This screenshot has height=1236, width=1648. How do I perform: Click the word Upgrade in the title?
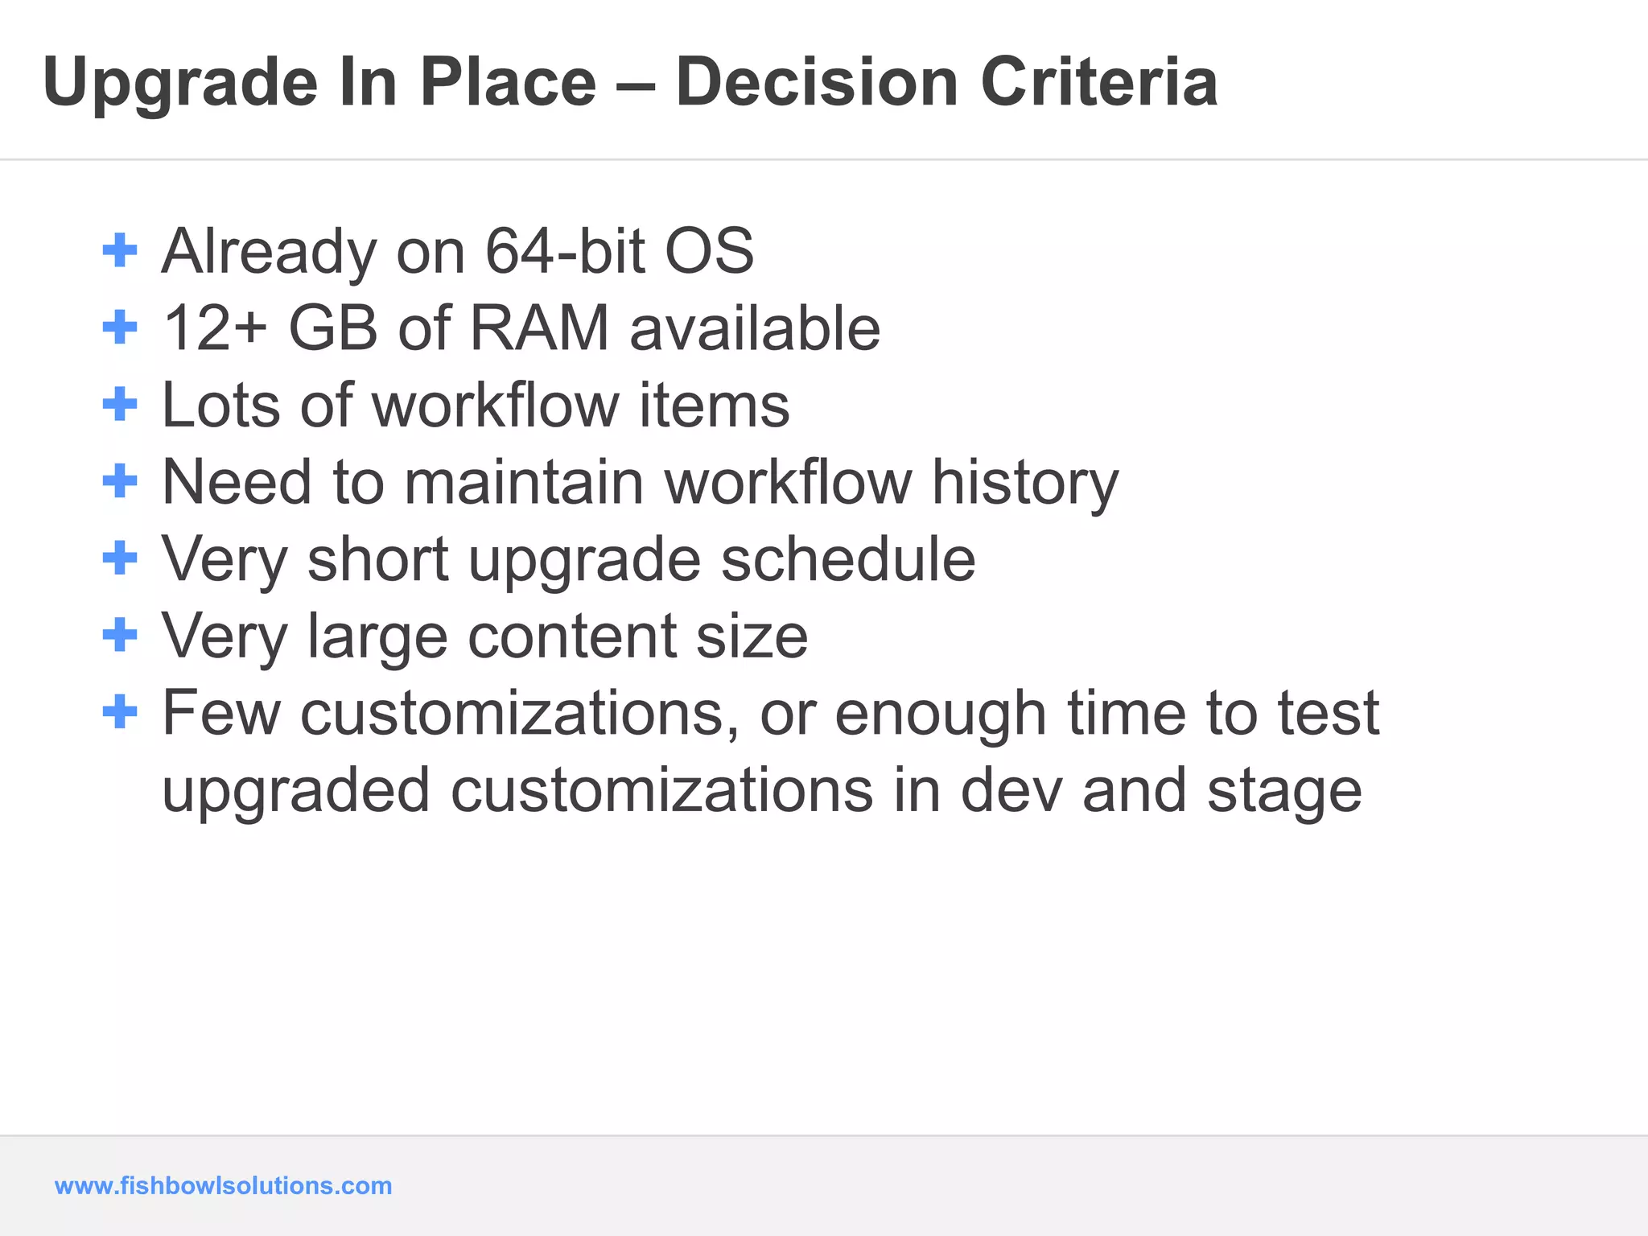[x=180, y=84]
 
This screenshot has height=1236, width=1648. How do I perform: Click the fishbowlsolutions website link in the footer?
[x=223, y=1185]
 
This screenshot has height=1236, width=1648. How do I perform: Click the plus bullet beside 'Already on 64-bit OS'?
[x=121, y=250]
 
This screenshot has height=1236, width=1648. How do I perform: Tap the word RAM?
[x=539, y=328]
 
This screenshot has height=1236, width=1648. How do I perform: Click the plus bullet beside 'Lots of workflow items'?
[x=121, y=404]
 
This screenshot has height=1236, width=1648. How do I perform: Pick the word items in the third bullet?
[x=714, y=405]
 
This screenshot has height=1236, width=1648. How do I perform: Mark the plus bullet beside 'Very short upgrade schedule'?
[x=121, y=558]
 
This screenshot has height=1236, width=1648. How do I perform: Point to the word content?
[x=572, y=636]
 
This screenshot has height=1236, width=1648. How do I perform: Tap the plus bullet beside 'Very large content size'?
[x=121, y=635]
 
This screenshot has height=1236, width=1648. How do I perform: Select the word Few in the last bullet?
[x=221, y=713]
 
